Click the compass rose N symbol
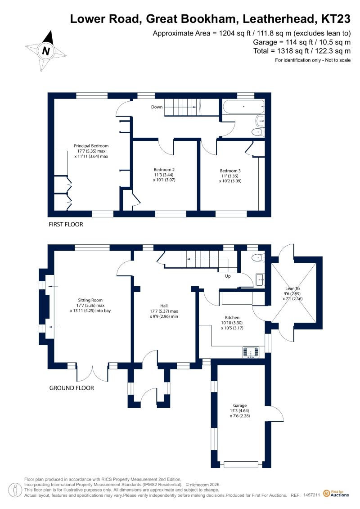click(46, 51)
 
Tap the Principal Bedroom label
click(91, 146)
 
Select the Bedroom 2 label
click(164, 170)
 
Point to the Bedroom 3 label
click(230, 171)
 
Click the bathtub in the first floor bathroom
click(243, 107)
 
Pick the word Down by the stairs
click(157, 107)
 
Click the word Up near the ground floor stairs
click(228, 276)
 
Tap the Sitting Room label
click(90, 300)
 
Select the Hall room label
click(164, 306)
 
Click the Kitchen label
click(232, 317)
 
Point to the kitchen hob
click(251, 352)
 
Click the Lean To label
click(292, 288)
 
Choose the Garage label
click(240, 405)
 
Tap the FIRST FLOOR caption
click(66, 224)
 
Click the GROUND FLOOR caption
click(72, 388)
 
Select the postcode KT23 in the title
click(336, 19)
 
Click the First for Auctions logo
click(336, 494)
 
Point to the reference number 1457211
click(312, 495)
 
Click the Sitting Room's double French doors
click(92, 373)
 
